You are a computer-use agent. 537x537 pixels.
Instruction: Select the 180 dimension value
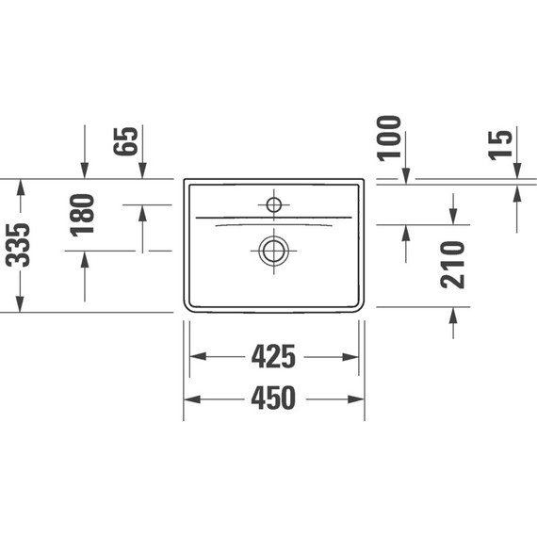(83, 214)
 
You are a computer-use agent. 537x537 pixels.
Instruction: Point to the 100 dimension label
(389, 138)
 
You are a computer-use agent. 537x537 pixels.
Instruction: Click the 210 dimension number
(453, 264)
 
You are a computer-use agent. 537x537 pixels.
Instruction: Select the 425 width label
(274, 357)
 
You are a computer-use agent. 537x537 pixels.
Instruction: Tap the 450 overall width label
(274, 399)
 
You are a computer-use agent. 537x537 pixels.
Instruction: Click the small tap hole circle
(274, 203)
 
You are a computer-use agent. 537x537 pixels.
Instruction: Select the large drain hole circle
(274, 250)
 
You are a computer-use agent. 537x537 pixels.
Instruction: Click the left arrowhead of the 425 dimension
(198, 357)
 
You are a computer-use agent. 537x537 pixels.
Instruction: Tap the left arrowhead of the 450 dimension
(190, 399)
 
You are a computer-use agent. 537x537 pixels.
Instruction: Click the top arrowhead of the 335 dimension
(19, 186)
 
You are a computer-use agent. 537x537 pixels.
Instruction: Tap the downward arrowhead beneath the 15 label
(517, 170)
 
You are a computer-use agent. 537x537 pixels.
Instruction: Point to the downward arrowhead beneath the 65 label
(142, 171)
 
